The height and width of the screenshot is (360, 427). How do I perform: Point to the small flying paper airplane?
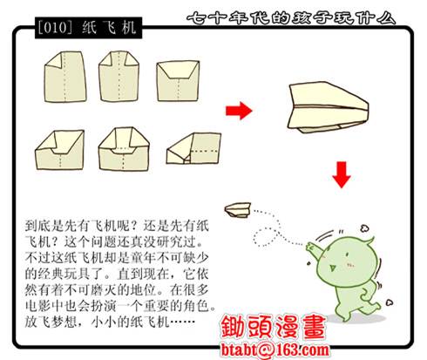[237, 209]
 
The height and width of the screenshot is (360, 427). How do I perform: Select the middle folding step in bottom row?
[121, 149]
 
